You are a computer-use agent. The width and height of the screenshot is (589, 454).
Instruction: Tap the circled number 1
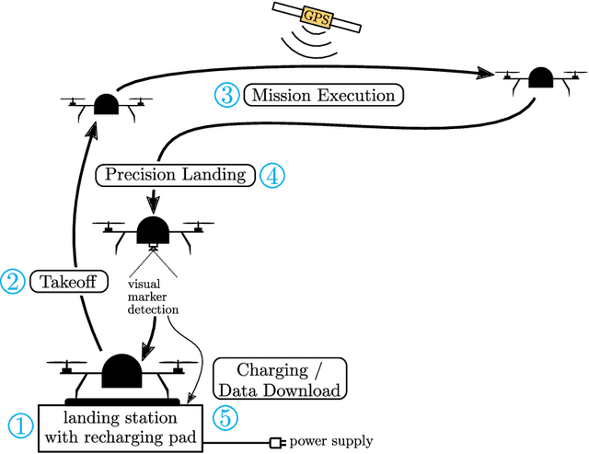[x=19, y=425]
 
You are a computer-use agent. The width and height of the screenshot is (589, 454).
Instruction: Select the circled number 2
[x=14, y=280]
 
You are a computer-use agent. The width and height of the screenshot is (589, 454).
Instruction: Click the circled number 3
[x=226, y=94]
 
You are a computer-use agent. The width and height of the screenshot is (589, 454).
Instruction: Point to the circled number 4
[x=271, y=174]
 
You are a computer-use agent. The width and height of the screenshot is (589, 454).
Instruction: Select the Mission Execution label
[x=323, y=94]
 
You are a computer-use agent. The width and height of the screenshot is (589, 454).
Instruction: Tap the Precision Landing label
[x=176, y=174]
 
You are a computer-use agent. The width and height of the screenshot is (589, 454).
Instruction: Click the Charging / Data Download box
[x=280, y=379]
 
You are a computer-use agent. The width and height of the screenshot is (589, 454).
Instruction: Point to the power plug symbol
[x=275, y=443]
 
